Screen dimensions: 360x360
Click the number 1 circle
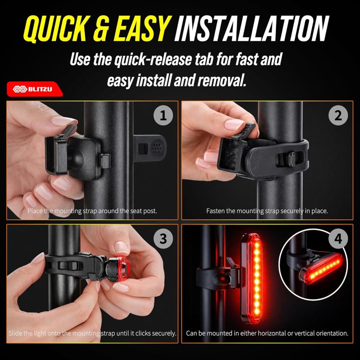click(x=163, y=116)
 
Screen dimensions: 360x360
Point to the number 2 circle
click(x=338, y=116)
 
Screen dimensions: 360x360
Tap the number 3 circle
click(x=163, y=239)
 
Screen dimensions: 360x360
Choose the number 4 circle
click(x=338, y=239)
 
